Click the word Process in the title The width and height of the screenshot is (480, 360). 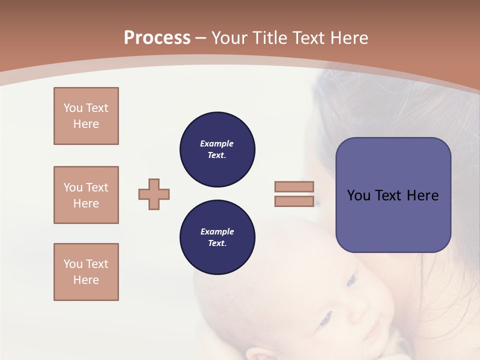(x=157, y=38)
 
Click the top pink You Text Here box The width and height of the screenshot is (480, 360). (x=86, y=116)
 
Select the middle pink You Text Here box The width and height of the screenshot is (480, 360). (x=86, y=195)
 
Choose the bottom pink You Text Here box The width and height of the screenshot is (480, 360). (x=86, y=272)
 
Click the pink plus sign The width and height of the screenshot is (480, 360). (x=154, y=194)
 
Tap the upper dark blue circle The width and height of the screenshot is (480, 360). (x=217, y=149)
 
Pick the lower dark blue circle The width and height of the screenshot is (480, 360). (x=217, y=237)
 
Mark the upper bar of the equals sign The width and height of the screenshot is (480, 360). (x=294, y=186)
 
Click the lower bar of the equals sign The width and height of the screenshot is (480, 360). (x=294, y=201)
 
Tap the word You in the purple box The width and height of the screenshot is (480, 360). (x=359, y=195)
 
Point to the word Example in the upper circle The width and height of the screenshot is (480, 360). (x=217, y=143)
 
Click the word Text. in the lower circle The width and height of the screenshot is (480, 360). (x=217, y=243)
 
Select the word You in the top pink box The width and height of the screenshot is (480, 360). (x=73, y=108)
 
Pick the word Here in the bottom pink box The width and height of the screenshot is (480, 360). (x=86, y=280)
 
